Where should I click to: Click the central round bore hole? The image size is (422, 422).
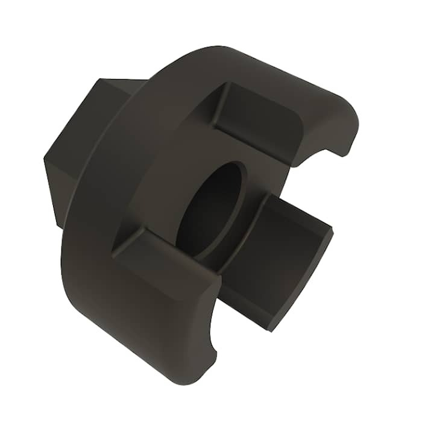coord(211,208)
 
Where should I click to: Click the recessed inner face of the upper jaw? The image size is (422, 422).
coord(259,121)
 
